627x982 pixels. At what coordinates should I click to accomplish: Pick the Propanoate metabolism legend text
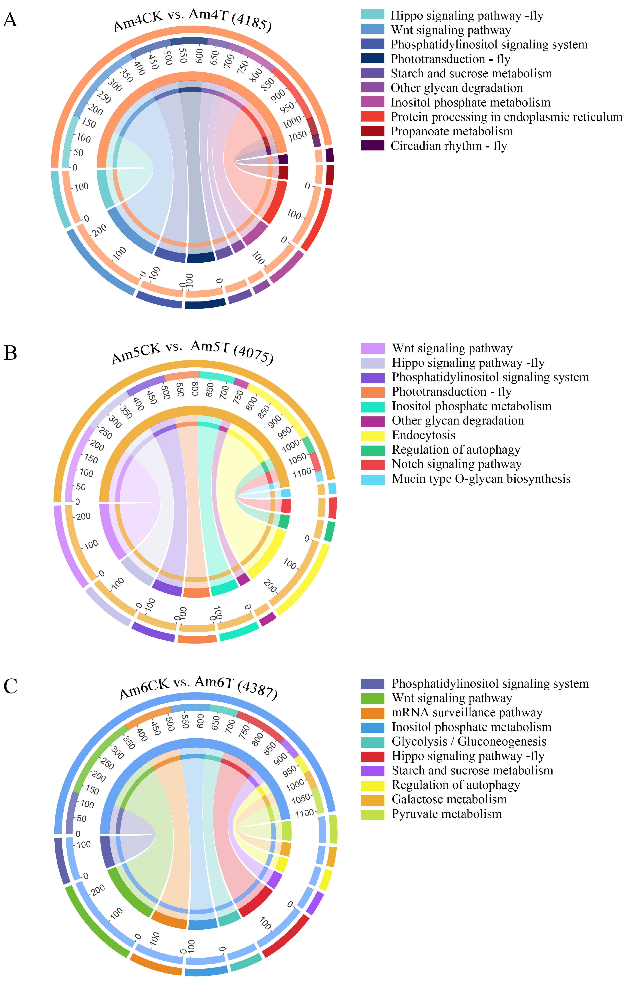point(451,131)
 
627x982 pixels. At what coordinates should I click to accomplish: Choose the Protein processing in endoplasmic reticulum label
point(506,117)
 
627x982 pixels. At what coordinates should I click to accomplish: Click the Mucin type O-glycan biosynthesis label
point(481,479)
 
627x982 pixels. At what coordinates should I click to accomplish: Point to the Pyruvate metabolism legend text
point(447,814)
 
